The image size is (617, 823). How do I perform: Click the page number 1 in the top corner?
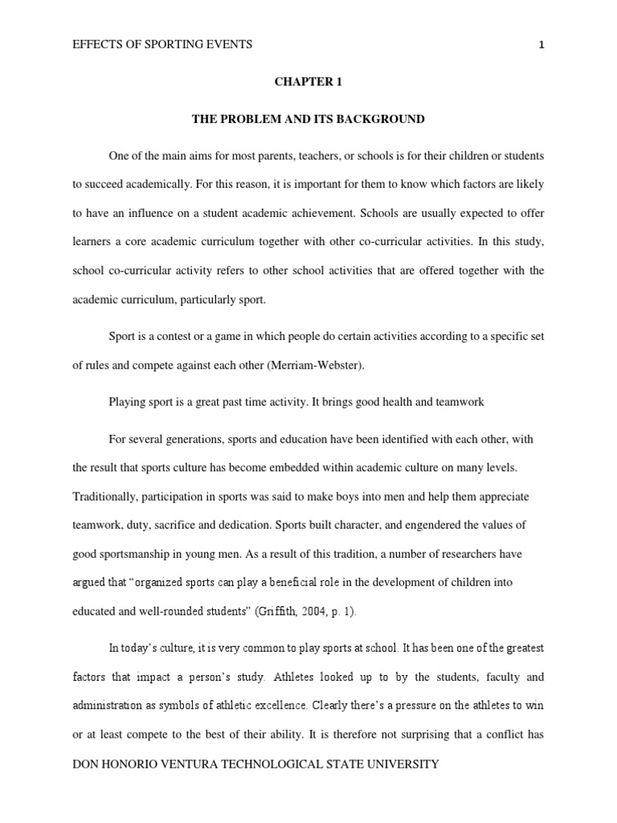pyautogui.click(x=541, y=45)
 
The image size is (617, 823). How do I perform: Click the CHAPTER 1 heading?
pyautogui.click(x=308, y=82)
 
